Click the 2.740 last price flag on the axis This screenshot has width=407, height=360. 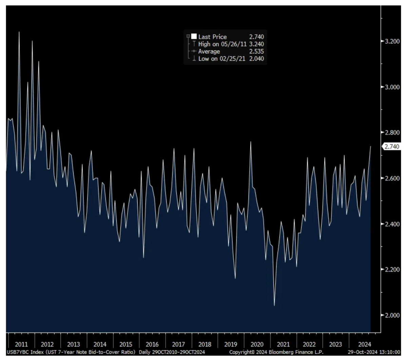391,146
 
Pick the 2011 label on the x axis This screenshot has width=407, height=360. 21,344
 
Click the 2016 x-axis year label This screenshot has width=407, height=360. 152,344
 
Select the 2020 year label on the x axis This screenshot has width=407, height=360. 257,344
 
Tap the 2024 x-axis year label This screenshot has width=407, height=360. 361,344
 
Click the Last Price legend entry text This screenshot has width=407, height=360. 212,37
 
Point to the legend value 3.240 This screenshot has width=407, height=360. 256,44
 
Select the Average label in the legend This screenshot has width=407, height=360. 209,52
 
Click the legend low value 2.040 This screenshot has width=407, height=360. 256,59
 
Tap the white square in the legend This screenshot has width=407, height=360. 194,37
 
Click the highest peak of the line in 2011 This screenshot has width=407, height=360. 19,32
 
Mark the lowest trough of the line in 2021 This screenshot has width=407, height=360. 274,305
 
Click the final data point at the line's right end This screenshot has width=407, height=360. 370,146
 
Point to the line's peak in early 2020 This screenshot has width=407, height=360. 251,142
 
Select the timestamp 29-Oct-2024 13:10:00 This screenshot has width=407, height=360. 374,352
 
